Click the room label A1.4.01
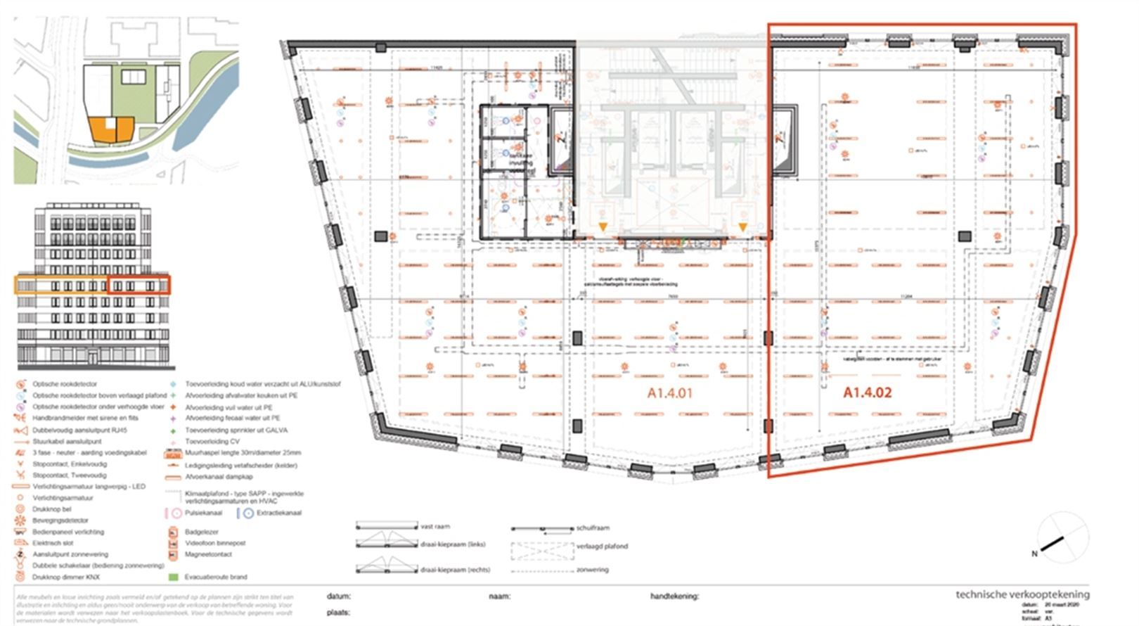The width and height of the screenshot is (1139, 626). pyautogui.click(x=669, y=392)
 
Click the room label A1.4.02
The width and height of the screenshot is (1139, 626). pyautogui.click(x=867, y=392)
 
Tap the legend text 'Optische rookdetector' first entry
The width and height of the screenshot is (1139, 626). pyautogui.click(x=65, y=384)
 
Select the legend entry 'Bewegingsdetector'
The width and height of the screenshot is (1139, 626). pyautogui.click(x=60, y=520)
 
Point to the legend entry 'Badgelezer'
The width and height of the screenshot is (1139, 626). pyautogui.click(x=202, y=532)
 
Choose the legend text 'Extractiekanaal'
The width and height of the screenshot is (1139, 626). pyautogui.click(x=278, y=513)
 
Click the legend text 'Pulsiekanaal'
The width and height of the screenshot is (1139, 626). pyautogui.click(x=203, y=513)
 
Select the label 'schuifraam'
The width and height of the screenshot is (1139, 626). pyautogui.click(x=593, y=527)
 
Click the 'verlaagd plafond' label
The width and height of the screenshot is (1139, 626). pyautogui.click(x=602, y=546)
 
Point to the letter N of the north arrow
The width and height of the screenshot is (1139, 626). pyautogui.click(x=1034, y=554)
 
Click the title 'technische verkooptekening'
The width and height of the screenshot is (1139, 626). pyautogui.click(x=1022, y=594)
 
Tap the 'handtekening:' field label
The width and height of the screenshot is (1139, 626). pyautogui.click(x=674, y=596)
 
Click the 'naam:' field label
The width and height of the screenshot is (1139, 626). pyautogui.click(x=499, y=596)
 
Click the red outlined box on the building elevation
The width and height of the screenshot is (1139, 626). pyautogui.click(x=139, y=285)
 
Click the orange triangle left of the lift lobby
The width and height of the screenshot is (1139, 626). pyautogui.click(x=603, y=226)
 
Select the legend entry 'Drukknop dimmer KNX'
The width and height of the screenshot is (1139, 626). pyautogui.click(x=66, y=577)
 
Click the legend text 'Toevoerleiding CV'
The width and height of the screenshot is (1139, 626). pyautogui.click(x=212, y=441)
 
